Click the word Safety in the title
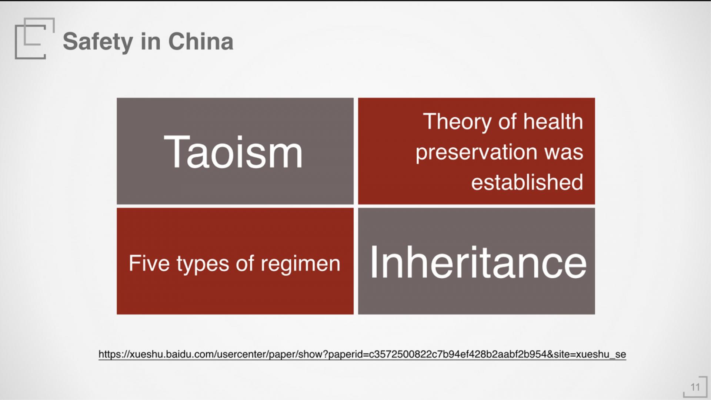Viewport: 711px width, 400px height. pos(98,42)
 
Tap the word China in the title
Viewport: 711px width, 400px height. pos(201,41)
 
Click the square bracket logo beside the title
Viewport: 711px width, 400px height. pos(35,38)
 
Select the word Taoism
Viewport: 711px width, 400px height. pos(233,152)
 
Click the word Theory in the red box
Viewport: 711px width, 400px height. pos(458,122)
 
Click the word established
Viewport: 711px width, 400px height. pos(527,182)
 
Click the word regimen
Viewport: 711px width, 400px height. pos(300,264)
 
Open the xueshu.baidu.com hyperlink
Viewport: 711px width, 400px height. pos(362,354)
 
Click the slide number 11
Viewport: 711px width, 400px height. pos(695,387)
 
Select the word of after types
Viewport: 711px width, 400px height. pos(245,263)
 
